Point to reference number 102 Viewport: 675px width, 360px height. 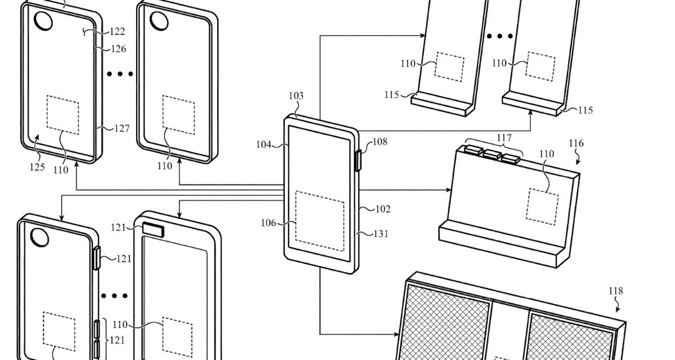coord(382,209)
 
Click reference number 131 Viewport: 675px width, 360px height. coord(381,234)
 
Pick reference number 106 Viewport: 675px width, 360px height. coord(268,223)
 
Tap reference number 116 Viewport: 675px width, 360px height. coord(575,144)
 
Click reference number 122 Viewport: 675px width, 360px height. coord(117,31)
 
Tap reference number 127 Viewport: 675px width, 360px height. coord(121,128)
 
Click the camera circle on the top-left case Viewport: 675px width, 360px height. coord(43,21)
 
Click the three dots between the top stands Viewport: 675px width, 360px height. coord(500,36)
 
